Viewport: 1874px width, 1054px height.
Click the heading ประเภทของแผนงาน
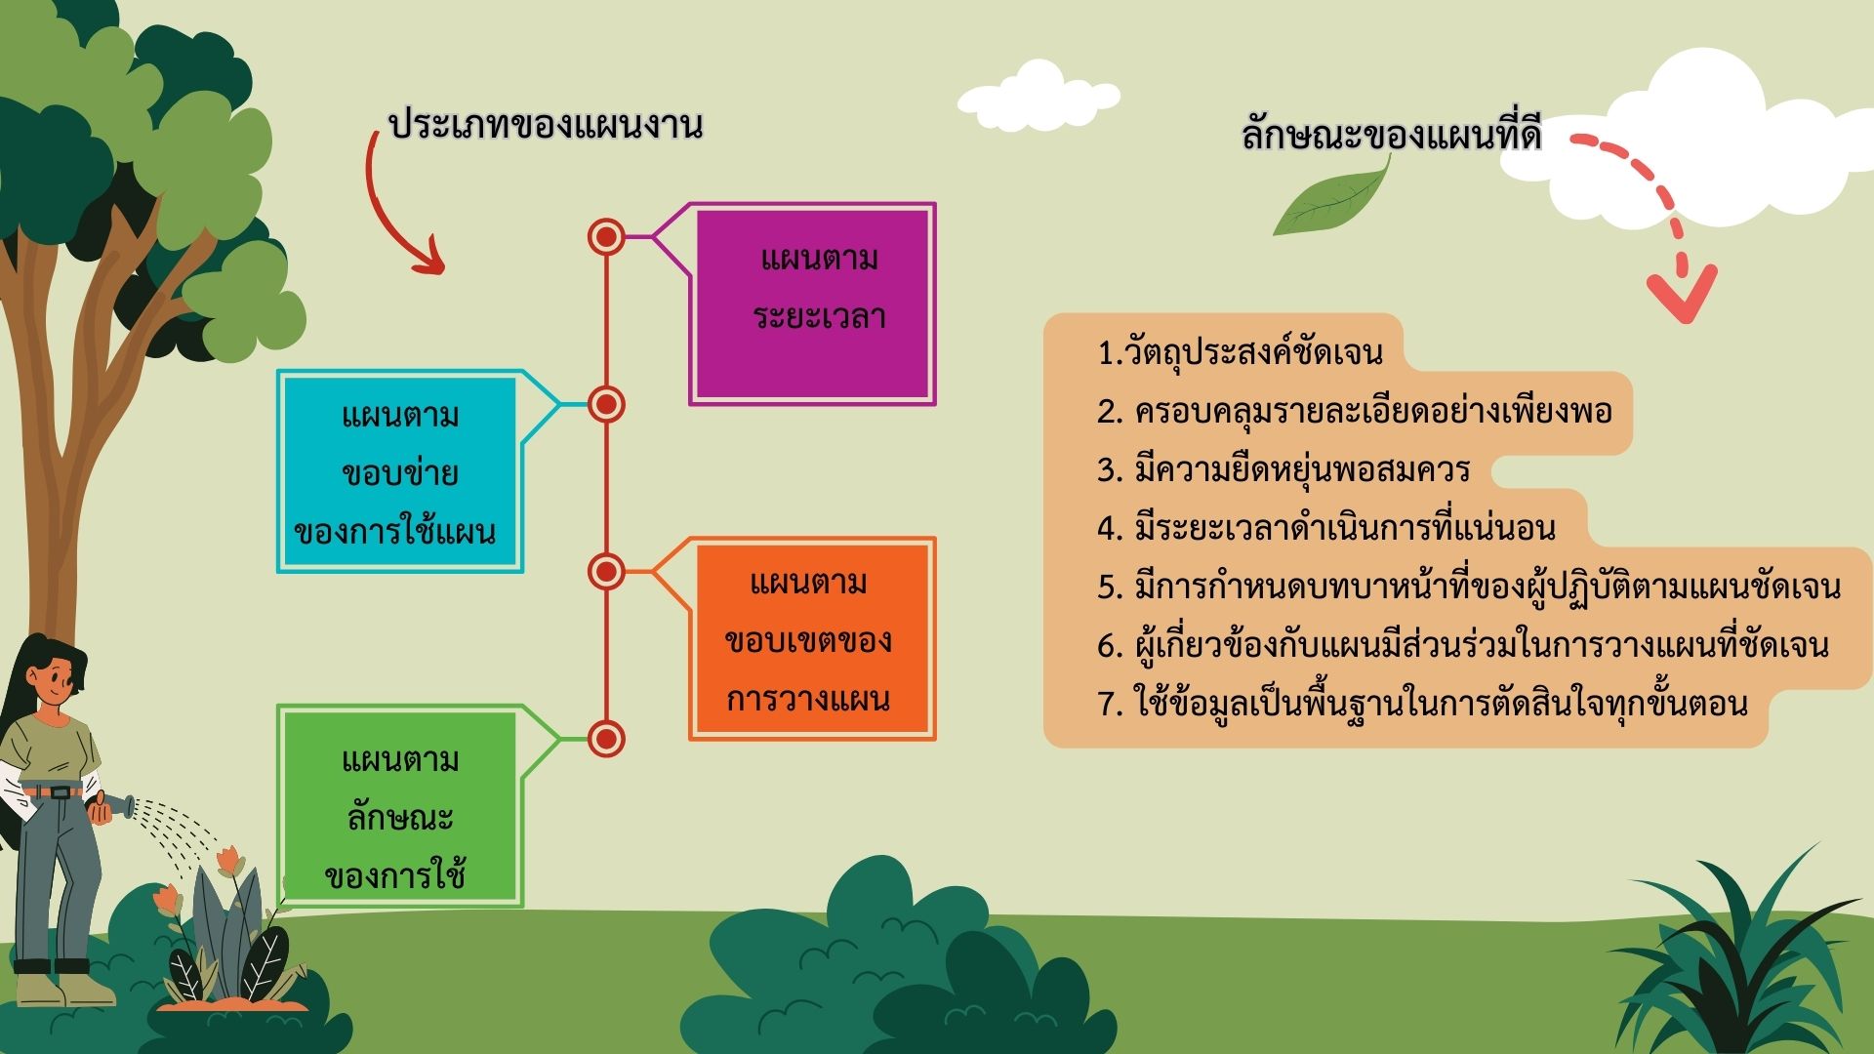click(x=546, y=127)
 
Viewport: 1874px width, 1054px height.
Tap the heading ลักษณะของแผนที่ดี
click(x=1392, y=134)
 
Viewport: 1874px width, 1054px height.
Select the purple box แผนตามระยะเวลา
click(x=812, y=304)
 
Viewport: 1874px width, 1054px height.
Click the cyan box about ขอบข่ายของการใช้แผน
click(x=400, y=471)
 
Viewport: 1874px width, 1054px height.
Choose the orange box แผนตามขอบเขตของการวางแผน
click(x=812, y=639)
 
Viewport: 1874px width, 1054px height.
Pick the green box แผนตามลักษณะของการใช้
click(x=400, y=806)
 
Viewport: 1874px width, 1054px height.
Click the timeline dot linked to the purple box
click(x=606, y=237)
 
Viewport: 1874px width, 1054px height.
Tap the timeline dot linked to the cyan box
click(x=606, y=404)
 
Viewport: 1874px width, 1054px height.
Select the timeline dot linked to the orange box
click(x=606, y=572)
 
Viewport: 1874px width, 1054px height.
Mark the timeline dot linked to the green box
click(x=606, y=739)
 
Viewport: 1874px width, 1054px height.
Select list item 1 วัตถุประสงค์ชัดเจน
click(x=1240, y=351)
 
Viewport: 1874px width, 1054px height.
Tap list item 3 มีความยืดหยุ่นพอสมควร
click(x=1283, y=469)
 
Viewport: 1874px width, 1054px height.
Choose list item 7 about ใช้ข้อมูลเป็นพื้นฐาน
click(x=1422, y=703)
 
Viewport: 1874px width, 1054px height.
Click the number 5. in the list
click(x=1111, y=588)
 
